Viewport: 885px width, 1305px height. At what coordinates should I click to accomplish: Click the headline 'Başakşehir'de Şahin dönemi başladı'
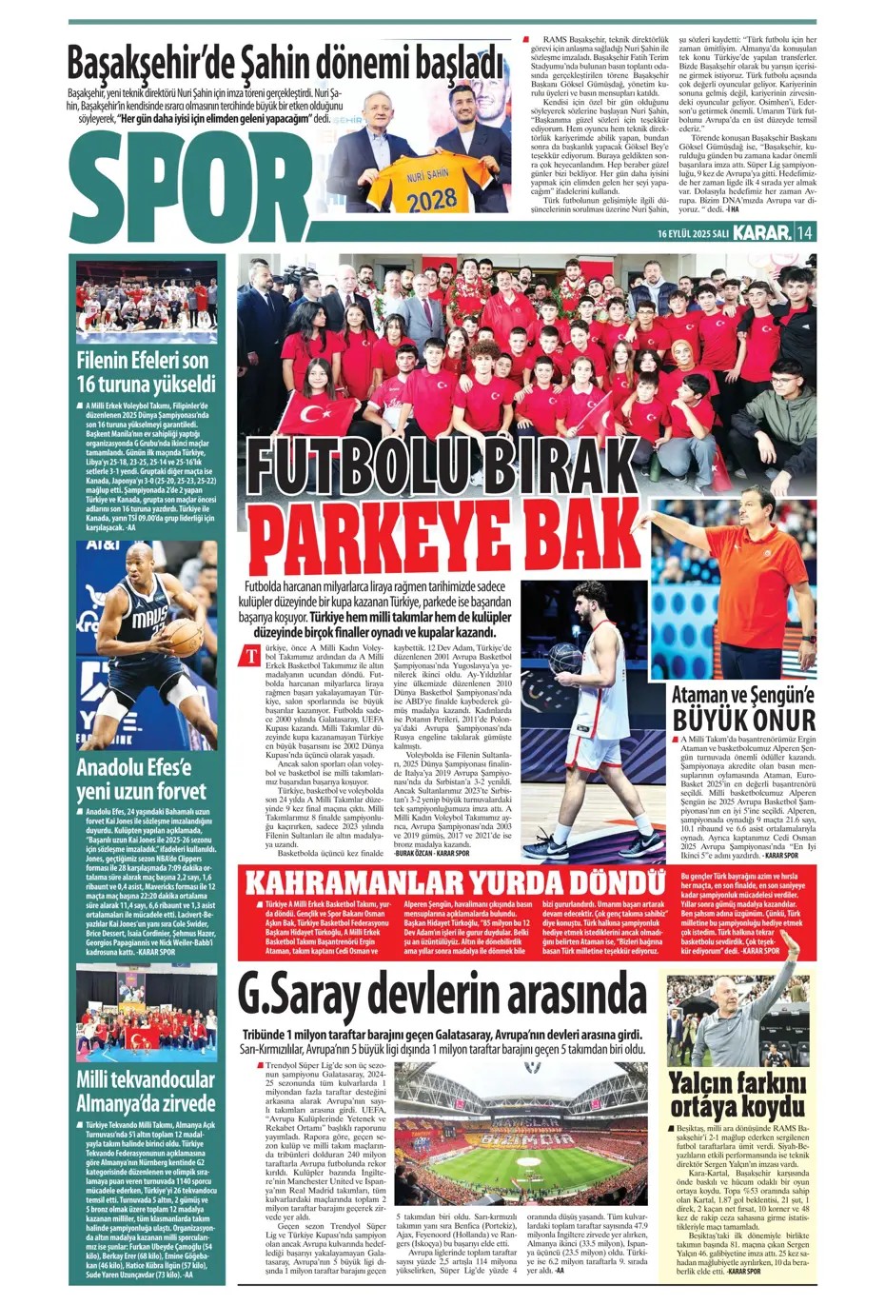pyautogui.click(x=285, y=64)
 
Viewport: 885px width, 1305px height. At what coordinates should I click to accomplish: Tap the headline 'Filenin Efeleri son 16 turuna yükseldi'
pyautogui.click(x=147, y=372)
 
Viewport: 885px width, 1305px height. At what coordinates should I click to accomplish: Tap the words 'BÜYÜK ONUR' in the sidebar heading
pyautogui.click(x=744, y=719)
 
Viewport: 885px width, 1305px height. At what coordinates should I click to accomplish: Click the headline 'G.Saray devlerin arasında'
pyautogui.click(x=442, y=995)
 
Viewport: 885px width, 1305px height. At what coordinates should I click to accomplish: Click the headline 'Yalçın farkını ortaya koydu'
pyautogui.click(x=737, y=1095)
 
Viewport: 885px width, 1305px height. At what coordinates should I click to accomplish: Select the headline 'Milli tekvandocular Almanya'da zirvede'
pyautogui.click(x=147, y=1091)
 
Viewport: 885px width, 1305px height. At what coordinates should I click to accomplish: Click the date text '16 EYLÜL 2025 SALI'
pyautogui.click(x=692, y=233)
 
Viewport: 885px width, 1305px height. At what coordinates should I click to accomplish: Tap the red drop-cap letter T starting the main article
pyautogui.click(x=251, y=655)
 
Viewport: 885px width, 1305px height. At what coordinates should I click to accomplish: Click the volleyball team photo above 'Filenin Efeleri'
pyautogui.click(x=147, y=301)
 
